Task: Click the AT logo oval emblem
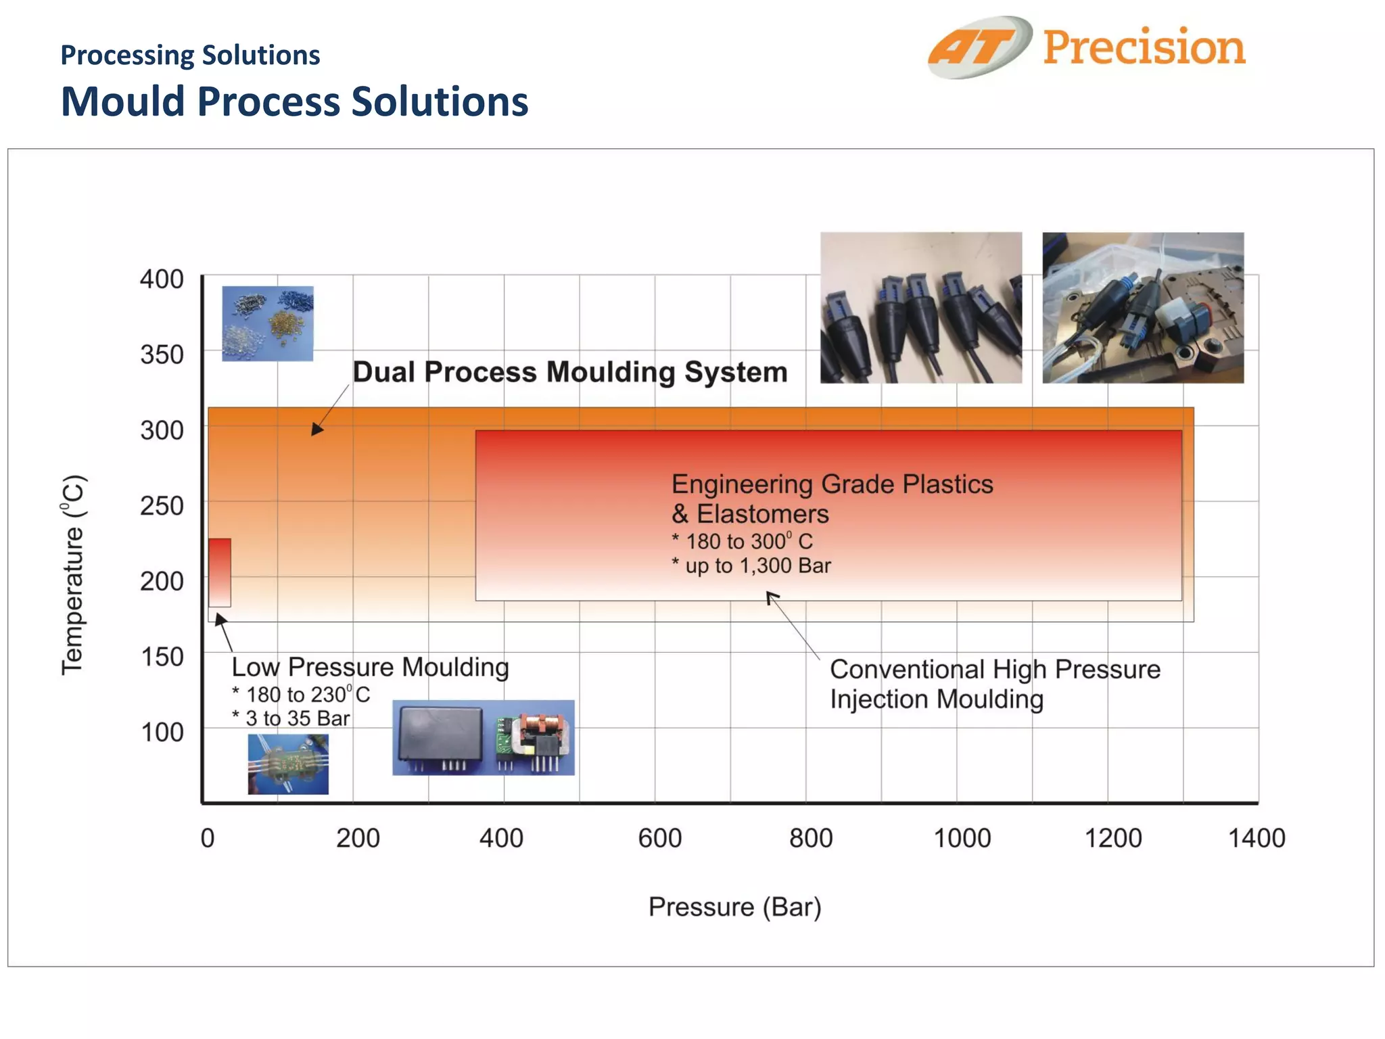click(x=979, y=47)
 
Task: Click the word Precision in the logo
click(x=1144, y=47)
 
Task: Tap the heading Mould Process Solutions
click(x=294, y=101)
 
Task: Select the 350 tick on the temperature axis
click(x=162, y=354)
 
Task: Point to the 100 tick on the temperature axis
click(x=162, y=732)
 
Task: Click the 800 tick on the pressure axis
click(x=811, y=838)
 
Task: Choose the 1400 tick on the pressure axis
click(x=1256, y=838)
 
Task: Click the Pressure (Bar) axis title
click(x=734, y=906)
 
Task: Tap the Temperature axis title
click(x=73, y=575)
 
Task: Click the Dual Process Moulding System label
click(x=569, y=372)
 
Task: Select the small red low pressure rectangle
click(x=219, y=572)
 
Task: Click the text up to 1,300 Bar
click(x=757, y=565)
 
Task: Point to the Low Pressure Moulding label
click(x=370, y=667)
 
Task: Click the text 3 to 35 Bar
click(x=298, y=718)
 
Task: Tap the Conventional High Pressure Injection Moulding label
click(x=994, y=683)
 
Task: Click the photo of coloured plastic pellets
click(x=268, y=323)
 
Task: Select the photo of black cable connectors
click(x=920, y=308)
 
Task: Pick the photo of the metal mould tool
click(x=1142, y=308)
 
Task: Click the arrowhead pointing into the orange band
click(x=316, y=429)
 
